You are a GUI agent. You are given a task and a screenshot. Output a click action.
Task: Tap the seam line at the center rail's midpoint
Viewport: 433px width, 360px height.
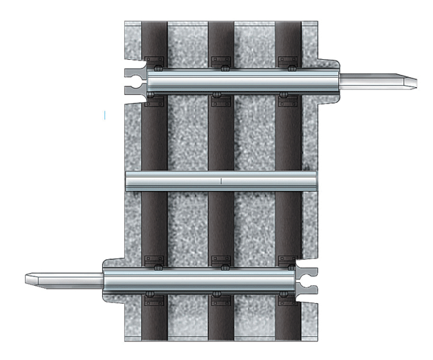click(221, 181)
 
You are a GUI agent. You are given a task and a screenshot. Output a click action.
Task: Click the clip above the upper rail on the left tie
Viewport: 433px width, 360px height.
click(154, 60)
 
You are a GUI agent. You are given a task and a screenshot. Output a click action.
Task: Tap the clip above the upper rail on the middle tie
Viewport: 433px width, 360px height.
click(221, 60)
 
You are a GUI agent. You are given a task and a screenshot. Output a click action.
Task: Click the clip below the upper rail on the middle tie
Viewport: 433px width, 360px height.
click(221, 101)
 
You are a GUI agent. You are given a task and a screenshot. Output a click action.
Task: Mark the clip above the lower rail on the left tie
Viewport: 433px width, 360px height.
click(154, 260)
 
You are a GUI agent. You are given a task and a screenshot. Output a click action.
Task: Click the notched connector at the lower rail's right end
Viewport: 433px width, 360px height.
click(309, 280)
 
